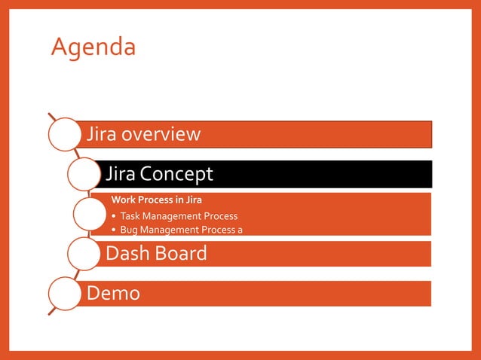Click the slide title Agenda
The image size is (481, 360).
[x=93, y=48]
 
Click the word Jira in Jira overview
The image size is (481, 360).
[x=103, y=134]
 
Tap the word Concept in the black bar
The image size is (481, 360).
[x=176, y=174]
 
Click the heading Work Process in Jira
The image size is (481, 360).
[x=157, y=200]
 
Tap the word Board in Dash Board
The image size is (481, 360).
[x=182, y=253]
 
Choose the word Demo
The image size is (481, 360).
[x=114, y=292]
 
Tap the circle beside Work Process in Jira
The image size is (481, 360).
[x=92, y=215]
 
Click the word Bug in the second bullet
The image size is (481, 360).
[x=128, y=230]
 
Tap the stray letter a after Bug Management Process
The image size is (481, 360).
[x=240, y=230]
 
